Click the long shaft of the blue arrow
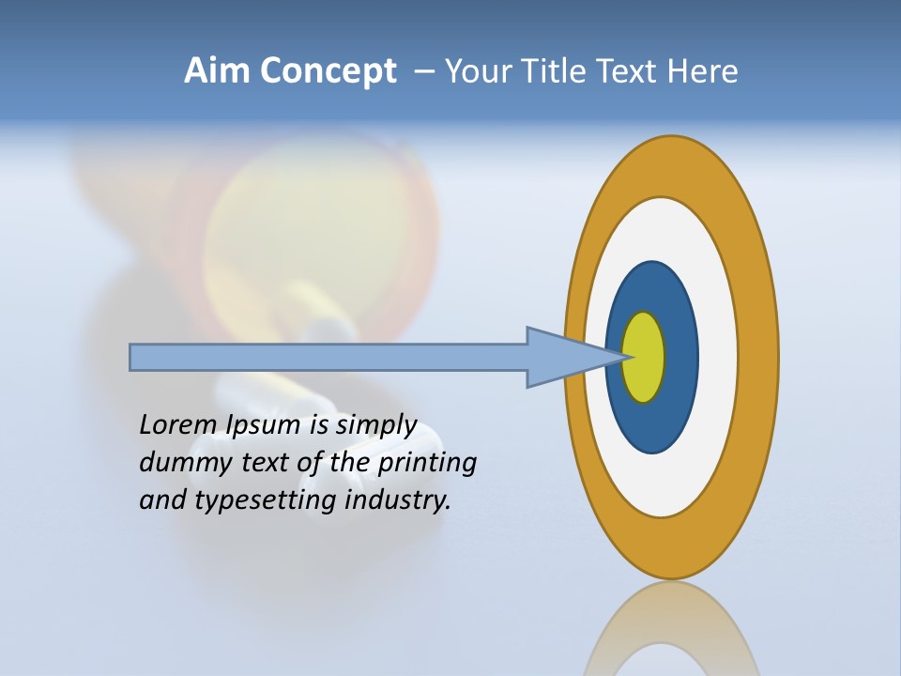(328, 357)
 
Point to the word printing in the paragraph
(427, 463)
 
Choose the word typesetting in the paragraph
(266, 500)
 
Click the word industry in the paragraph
(398, 500)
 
